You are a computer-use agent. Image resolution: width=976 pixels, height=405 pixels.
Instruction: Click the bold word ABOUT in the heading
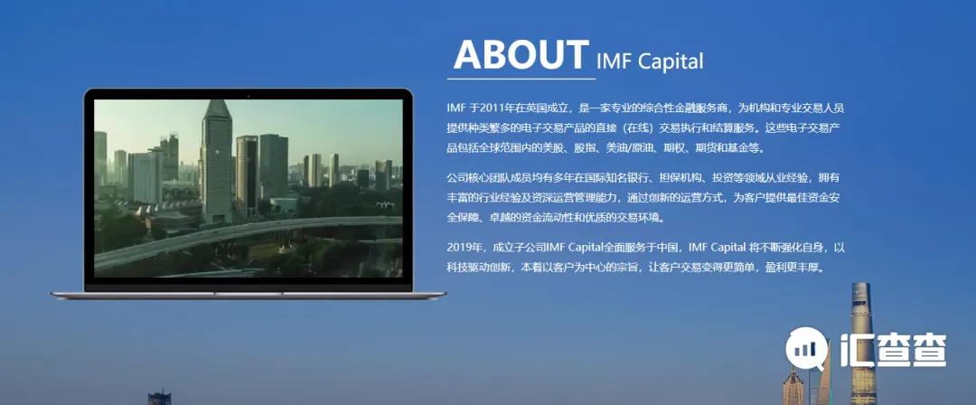point(521,54)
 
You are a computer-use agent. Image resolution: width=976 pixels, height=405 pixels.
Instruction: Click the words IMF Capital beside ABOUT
point(650,61)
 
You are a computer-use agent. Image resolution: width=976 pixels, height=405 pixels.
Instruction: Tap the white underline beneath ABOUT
point(521,80)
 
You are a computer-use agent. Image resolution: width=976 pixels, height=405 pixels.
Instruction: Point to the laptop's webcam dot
point(249,96)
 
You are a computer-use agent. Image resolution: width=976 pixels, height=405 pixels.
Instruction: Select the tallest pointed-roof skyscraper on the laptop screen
point(217,161)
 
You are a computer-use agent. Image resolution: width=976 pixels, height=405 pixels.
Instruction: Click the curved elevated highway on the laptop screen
point(249,236)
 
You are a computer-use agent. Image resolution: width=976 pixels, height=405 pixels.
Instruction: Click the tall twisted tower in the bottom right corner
point(862,344)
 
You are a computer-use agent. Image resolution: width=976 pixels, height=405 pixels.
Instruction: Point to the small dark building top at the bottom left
point(159,398)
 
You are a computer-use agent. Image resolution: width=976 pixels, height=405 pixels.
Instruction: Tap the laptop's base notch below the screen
point(249,293)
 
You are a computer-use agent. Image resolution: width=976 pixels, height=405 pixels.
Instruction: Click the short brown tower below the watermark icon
point(793,387)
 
